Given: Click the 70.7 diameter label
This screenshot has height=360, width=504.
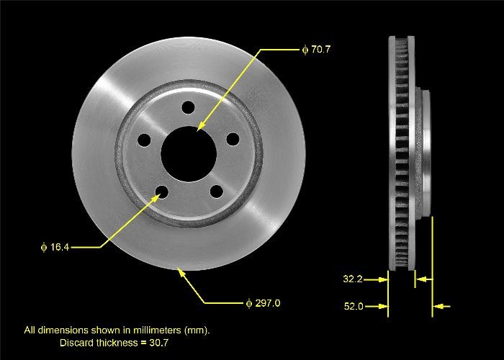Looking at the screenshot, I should click(x=320, y=50).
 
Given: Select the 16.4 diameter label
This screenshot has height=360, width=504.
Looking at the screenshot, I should click(x=58, y=247).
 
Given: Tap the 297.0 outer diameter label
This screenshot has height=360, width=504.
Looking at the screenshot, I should click(x=267, y=302).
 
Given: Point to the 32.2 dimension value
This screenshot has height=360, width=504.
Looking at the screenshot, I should click(x=352, y=278).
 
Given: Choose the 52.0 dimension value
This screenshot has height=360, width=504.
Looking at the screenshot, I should click(x=352, y=307).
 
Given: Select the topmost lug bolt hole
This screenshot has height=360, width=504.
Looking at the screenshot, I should click(x=188, y=107).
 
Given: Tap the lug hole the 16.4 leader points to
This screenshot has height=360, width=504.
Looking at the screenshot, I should click(x=161, y=192).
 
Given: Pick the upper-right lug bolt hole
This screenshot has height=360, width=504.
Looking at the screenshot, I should click(x=232, y=139).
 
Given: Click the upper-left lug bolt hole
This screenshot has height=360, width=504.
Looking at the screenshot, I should click(x=144, y=140).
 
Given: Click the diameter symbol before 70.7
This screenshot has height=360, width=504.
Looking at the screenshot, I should click(x=305, y=50).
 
